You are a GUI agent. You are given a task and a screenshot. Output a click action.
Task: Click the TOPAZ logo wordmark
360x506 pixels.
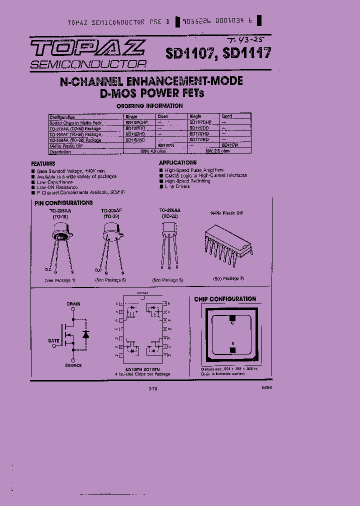[x=88, y=48]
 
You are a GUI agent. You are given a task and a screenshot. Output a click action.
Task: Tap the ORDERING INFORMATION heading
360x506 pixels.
[x=149, y=106]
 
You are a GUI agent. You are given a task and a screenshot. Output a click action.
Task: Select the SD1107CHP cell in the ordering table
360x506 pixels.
[x=137, y=122]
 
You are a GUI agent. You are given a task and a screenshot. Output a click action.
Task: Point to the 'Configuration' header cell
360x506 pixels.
[x=62, y=116]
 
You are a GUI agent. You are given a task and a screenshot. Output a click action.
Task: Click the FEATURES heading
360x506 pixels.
[x=43, y=163]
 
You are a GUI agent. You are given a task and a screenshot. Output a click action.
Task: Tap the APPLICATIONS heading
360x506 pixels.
[x=178, y=162]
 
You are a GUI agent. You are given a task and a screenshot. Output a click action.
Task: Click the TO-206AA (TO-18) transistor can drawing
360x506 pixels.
[x=62, y=231]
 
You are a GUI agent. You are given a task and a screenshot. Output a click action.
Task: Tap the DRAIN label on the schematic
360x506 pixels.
[x=73, y=304]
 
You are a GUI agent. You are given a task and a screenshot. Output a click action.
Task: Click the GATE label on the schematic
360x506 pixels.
[x=54, y=340]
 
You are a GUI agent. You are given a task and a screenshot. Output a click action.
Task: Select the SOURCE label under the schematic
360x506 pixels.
[x=73, y=365]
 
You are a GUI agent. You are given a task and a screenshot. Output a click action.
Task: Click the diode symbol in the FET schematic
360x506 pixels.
[x=85, y=333]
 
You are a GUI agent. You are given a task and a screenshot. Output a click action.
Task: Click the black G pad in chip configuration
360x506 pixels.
[x=231, y=317]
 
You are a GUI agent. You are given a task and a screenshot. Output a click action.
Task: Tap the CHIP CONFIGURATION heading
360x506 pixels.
[x=225, y=299]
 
